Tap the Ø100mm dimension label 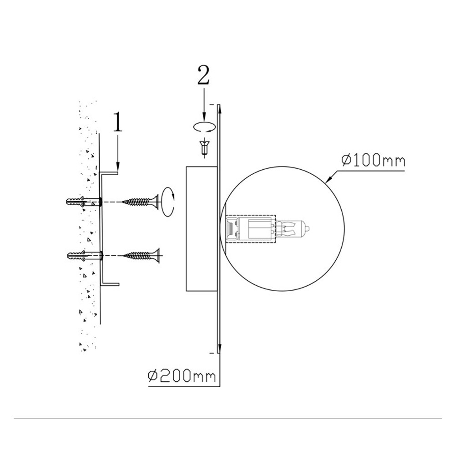pos(373,161)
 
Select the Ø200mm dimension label pos(182,376)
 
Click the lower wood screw pos(142,256)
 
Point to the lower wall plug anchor pos(85,255)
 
